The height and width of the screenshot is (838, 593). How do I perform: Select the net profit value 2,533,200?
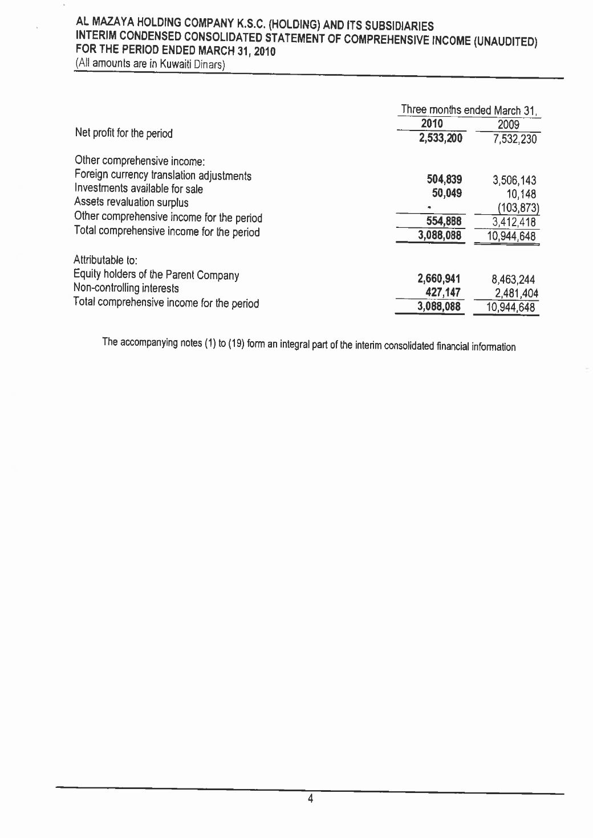point(440,138)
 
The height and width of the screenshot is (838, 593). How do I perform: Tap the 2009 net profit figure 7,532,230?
point(513,139)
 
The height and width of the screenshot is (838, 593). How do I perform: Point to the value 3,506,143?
point(514,181)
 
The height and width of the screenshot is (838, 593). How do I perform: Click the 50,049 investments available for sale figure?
point(446,193)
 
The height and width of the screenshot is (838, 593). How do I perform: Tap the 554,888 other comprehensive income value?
point(444,221)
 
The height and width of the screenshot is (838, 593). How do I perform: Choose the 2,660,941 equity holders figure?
point(438,279)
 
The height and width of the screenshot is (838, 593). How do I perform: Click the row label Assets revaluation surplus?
point(131,202)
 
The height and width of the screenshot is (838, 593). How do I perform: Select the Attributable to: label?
point(105,261)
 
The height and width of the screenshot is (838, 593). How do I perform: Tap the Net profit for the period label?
point(123,134)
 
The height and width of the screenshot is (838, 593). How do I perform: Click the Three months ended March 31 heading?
point(470,109)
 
